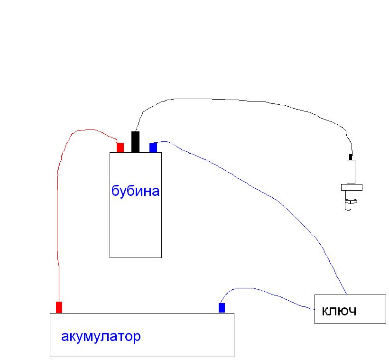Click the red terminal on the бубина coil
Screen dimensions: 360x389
point(120,148)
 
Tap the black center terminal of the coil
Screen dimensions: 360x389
point(135,142)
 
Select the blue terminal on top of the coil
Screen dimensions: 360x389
point(153,148)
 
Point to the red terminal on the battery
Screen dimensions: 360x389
point(59,307)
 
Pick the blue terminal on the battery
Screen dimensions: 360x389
point(222,308)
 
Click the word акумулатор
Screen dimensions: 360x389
point(101,337)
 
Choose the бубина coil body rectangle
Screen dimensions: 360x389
point(135,228)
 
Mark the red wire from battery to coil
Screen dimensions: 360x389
point(58,213)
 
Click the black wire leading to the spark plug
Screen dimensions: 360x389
point(237,100)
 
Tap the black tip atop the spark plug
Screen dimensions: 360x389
point(351,157)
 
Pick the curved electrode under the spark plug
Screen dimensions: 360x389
point(350,205)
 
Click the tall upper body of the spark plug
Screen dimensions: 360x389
point(351,172)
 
